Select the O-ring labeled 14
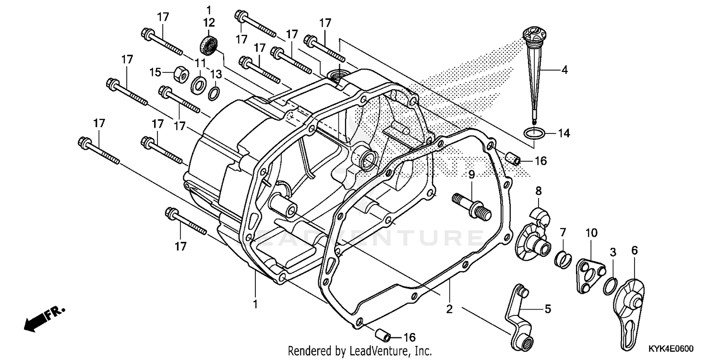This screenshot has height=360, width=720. [533, 133]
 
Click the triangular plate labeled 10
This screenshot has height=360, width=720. [589, 274]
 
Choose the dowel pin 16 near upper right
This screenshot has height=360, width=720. [513, 158]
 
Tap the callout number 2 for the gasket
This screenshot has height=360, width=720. [449, 310]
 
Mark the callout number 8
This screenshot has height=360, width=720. [539, 191]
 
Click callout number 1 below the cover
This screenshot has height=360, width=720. [255, 303]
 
